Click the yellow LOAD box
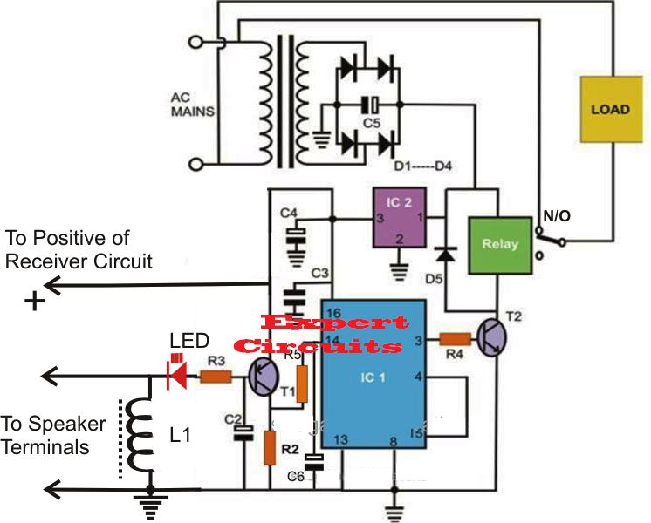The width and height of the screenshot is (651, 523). pos(609,112)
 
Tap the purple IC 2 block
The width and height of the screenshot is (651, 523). pos(397,217)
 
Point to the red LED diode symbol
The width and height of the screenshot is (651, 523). pos(177,377)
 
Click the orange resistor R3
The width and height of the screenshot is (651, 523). pos(215,377)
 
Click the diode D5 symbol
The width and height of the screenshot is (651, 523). pos(447,254)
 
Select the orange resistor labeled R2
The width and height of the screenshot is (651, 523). pos(272,447)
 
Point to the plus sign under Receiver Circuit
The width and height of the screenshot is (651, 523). pos(35,302)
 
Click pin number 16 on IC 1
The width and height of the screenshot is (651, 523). pos(333,311)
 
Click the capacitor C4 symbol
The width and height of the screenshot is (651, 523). pos(298,234)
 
